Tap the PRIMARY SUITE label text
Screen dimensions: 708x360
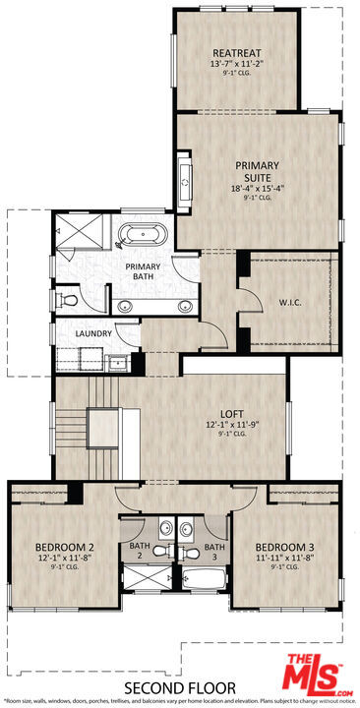point(258,172)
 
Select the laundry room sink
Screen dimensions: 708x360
point(118,361)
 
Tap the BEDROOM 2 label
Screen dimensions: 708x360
point(64,547)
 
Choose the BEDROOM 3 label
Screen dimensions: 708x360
point(284,547)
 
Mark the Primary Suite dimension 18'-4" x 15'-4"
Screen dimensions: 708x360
point(258,188)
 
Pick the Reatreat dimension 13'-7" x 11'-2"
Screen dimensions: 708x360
point(236,64)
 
